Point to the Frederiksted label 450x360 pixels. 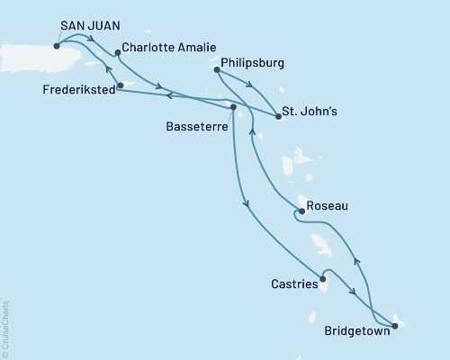coord(76,90)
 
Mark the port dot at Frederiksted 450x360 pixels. coord(121,86)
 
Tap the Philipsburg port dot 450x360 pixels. coord(217,68)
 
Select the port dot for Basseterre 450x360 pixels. coord(233,108)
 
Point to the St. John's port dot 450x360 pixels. coord(278,117)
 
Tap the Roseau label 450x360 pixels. coord(328,206)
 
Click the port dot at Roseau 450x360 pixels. coord(301,212)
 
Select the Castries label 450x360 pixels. coord(293,284)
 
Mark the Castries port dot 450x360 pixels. coord(323,279)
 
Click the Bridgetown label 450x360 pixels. coord(357,330)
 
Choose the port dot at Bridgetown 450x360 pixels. coord(394,326)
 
